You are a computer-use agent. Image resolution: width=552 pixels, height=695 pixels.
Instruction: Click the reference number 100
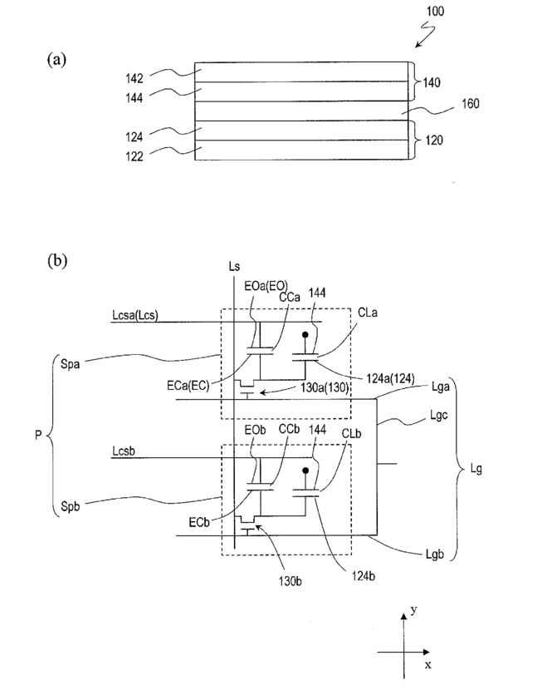tap(435, 11)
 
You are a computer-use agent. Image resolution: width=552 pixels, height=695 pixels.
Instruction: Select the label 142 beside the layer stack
tap(134, 78)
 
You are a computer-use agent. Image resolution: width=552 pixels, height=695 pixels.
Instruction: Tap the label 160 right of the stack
tap(470, 104)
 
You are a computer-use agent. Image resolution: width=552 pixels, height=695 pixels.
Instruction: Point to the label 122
tap(134, 156)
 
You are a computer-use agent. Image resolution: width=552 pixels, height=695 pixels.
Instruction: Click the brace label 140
tap(432, 82)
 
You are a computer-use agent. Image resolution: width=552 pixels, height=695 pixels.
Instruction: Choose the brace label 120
tap(434, 140)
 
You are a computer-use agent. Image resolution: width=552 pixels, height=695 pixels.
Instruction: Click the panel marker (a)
tap(56, 59)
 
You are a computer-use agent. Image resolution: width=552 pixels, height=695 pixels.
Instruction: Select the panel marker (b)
tap(57, 260)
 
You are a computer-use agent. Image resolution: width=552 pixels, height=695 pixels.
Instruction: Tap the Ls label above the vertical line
tap(234, 266)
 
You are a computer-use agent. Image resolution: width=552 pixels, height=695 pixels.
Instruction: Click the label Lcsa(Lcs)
tap(135, 315)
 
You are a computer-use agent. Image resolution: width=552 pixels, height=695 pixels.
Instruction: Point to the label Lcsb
tap(124, 451)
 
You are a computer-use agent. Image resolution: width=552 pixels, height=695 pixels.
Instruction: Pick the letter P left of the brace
tap(38, 436)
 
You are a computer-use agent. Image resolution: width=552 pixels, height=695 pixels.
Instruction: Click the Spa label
tap(71, 365)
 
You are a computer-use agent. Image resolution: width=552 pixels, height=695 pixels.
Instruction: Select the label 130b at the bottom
tap(290, 581)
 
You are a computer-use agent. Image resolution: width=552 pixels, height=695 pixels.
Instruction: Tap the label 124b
tap(363, 576)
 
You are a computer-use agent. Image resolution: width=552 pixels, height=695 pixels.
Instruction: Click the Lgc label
tap(438, 416)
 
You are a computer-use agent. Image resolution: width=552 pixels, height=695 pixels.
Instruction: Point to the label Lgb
tap(434, 554)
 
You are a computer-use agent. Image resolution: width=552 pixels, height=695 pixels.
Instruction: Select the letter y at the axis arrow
tap(414, 611)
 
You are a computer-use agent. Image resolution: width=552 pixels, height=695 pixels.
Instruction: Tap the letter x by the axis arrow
tap(427, 665)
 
